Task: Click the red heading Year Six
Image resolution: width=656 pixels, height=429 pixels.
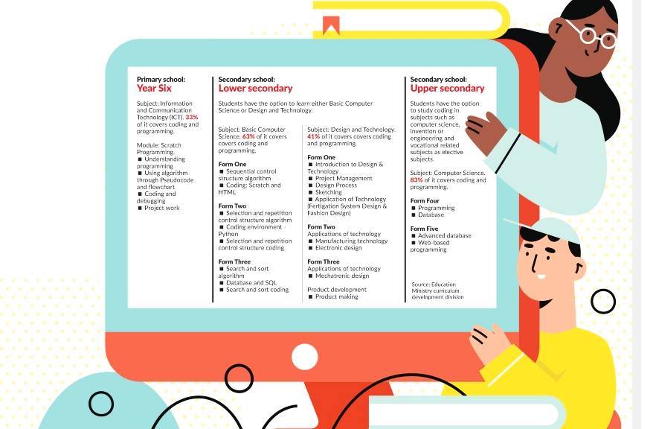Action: pos(154,89)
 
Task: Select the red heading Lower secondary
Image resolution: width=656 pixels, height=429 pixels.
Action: pos(255,89)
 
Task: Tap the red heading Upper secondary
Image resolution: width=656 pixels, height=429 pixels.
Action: pos(447,89)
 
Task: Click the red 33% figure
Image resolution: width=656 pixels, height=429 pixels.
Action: pos(192,118)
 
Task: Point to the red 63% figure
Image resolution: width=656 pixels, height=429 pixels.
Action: pos(248,137)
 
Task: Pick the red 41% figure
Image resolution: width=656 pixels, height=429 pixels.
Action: pos(313,137)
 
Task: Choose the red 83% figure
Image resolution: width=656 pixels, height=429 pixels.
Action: pos(417,179)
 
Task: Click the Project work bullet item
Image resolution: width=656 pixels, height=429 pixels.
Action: pos(161,208)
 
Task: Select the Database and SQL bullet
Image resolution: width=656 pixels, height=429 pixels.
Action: pos(251,283)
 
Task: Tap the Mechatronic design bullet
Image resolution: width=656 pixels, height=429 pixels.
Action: pos(341,276)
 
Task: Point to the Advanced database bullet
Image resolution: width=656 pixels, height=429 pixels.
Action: pos(444,235)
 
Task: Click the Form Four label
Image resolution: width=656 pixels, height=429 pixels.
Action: pos(425,201)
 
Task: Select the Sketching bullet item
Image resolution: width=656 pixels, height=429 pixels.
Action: pos(329,192)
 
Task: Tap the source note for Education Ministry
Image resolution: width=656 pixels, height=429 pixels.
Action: pos(437,290)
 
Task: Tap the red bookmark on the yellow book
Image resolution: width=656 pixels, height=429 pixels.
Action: pos(331,27)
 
